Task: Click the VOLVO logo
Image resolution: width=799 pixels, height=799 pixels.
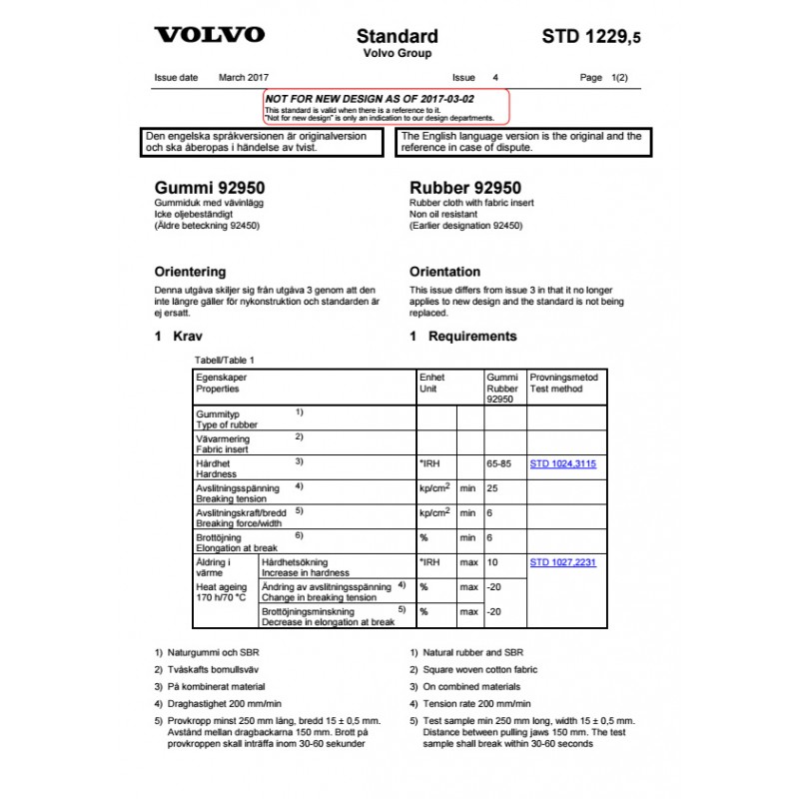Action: click(x=209, y=35)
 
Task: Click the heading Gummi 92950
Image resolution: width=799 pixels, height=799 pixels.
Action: click(x=210, y=187)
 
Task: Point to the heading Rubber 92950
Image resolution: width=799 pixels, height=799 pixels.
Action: click(x=465, y=187)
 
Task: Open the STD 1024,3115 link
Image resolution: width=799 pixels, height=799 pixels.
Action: click(x=562, y=463)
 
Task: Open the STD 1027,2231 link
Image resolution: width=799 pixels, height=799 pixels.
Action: click(x=562, y=562)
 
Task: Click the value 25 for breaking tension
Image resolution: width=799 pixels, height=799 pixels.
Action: click(x=492, y=488)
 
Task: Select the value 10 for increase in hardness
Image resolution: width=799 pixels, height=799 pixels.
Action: click(x=492, y=562)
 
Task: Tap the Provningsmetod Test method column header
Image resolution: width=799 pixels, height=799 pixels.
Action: click(x=564, y=384)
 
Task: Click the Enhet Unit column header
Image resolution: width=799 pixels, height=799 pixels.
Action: click(x=432, y=384)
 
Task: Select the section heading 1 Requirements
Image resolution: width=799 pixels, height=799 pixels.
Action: click(x=463, y=337)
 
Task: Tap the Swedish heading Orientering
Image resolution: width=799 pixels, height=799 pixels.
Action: click(x=190, y=272)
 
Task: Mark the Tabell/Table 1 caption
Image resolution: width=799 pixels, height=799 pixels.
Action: click(x=225, y=360)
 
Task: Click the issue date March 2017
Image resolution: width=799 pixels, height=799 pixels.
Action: click(x=245, y=77)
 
